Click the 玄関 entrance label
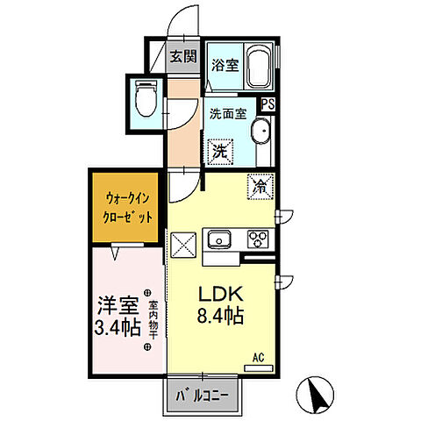point(183,56)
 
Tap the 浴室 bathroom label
point(225,65)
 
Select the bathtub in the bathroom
point(258,67)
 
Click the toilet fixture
point(146,99)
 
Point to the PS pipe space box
point(268,104)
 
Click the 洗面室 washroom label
point(228,114)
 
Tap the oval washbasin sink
point(260,132)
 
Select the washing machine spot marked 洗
point(220,152)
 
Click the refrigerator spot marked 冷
point(260,187)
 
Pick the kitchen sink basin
point(219,239)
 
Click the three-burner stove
point(258,239)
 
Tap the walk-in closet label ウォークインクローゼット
point(128,208)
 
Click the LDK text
point(221,294)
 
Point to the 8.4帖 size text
point(220,316)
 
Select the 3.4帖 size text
point(118,328)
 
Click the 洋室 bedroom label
point(118,305)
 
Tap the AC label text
point(258,357)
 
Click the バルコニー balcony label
point(202,396)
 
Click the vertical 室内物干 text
point(153,320)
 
